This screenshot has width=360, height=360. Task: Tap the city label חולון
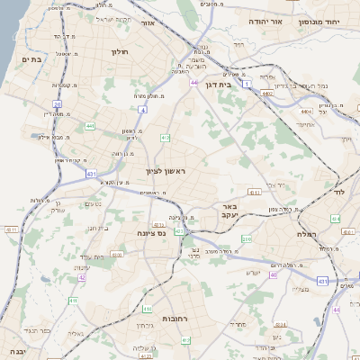(x=120, y=51)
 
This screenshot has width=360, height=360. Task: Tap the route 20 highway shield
(x=57, y=104)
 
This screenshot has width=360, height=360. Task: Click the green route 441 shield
(x=90, y=126)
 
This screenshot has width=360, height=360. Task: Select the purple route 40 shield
(x=274, y=274)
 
